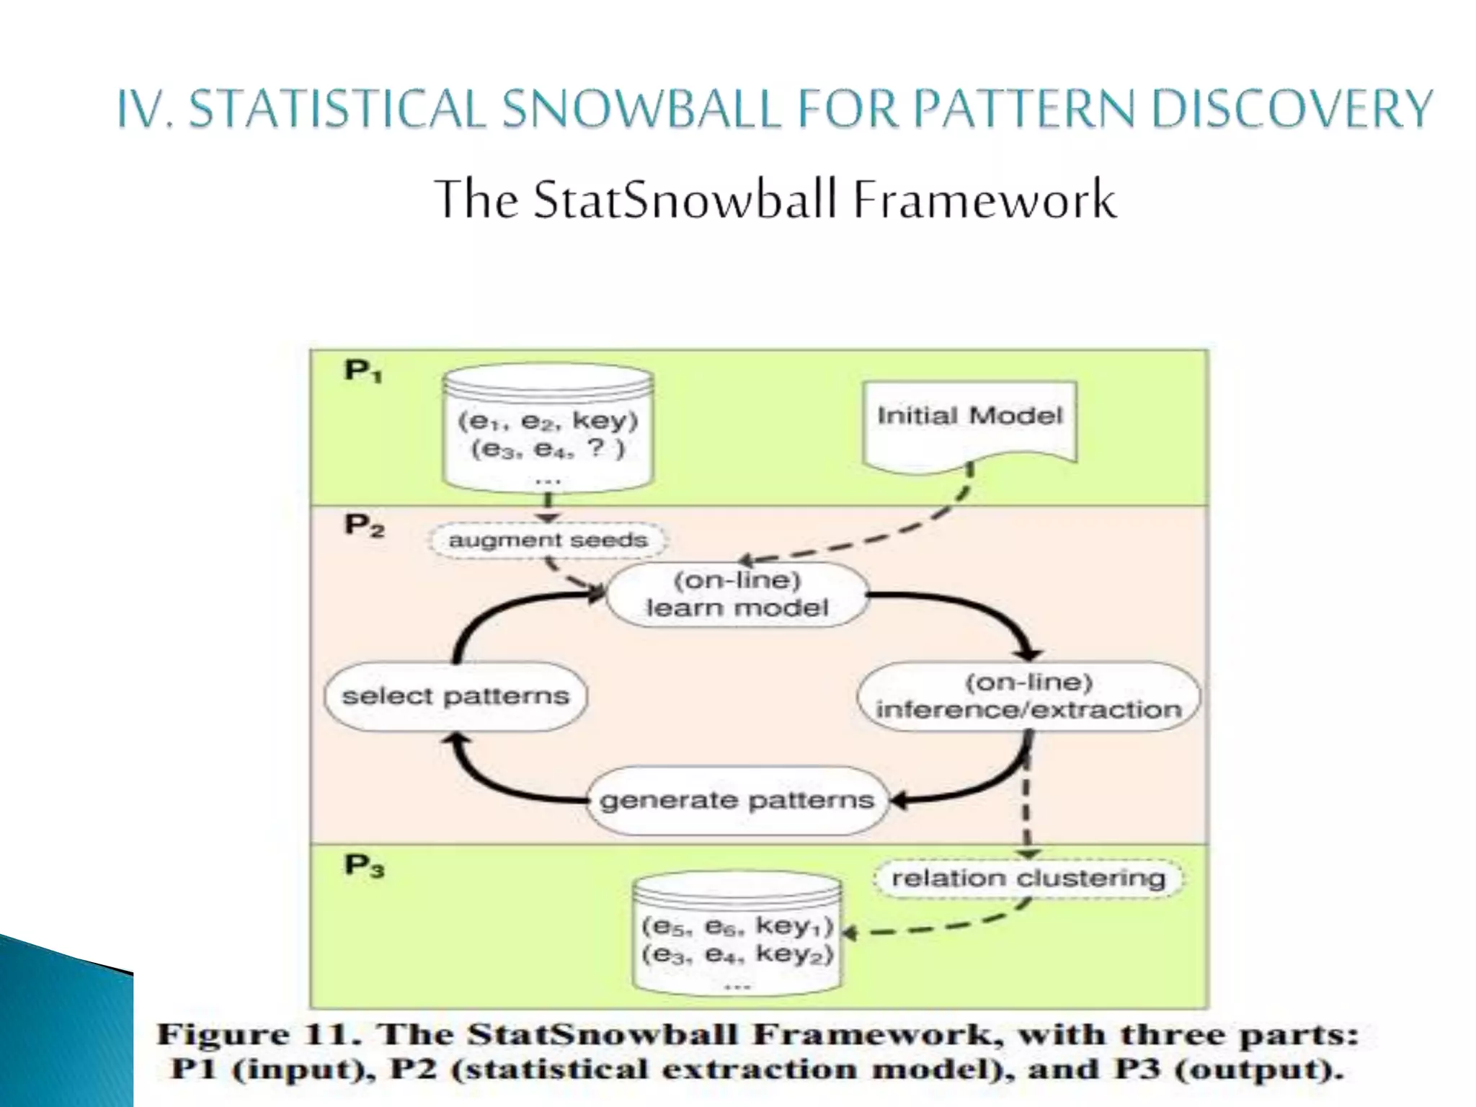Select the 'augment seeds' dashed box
point(548,540)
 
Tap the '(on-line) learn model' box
point(737,595)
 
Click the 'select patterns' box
point(455,696)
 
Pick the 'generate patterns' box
point(737,801)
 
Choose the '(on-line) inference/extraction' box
point(1028,696)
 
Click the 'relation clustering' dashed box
point(1028,879)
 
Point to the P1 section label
point(363,371)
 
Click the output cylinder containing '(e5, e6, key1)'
point(737,937)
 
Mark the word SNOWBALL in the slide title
point(641,110)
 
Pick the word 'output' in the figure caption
point(1258,1070)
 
